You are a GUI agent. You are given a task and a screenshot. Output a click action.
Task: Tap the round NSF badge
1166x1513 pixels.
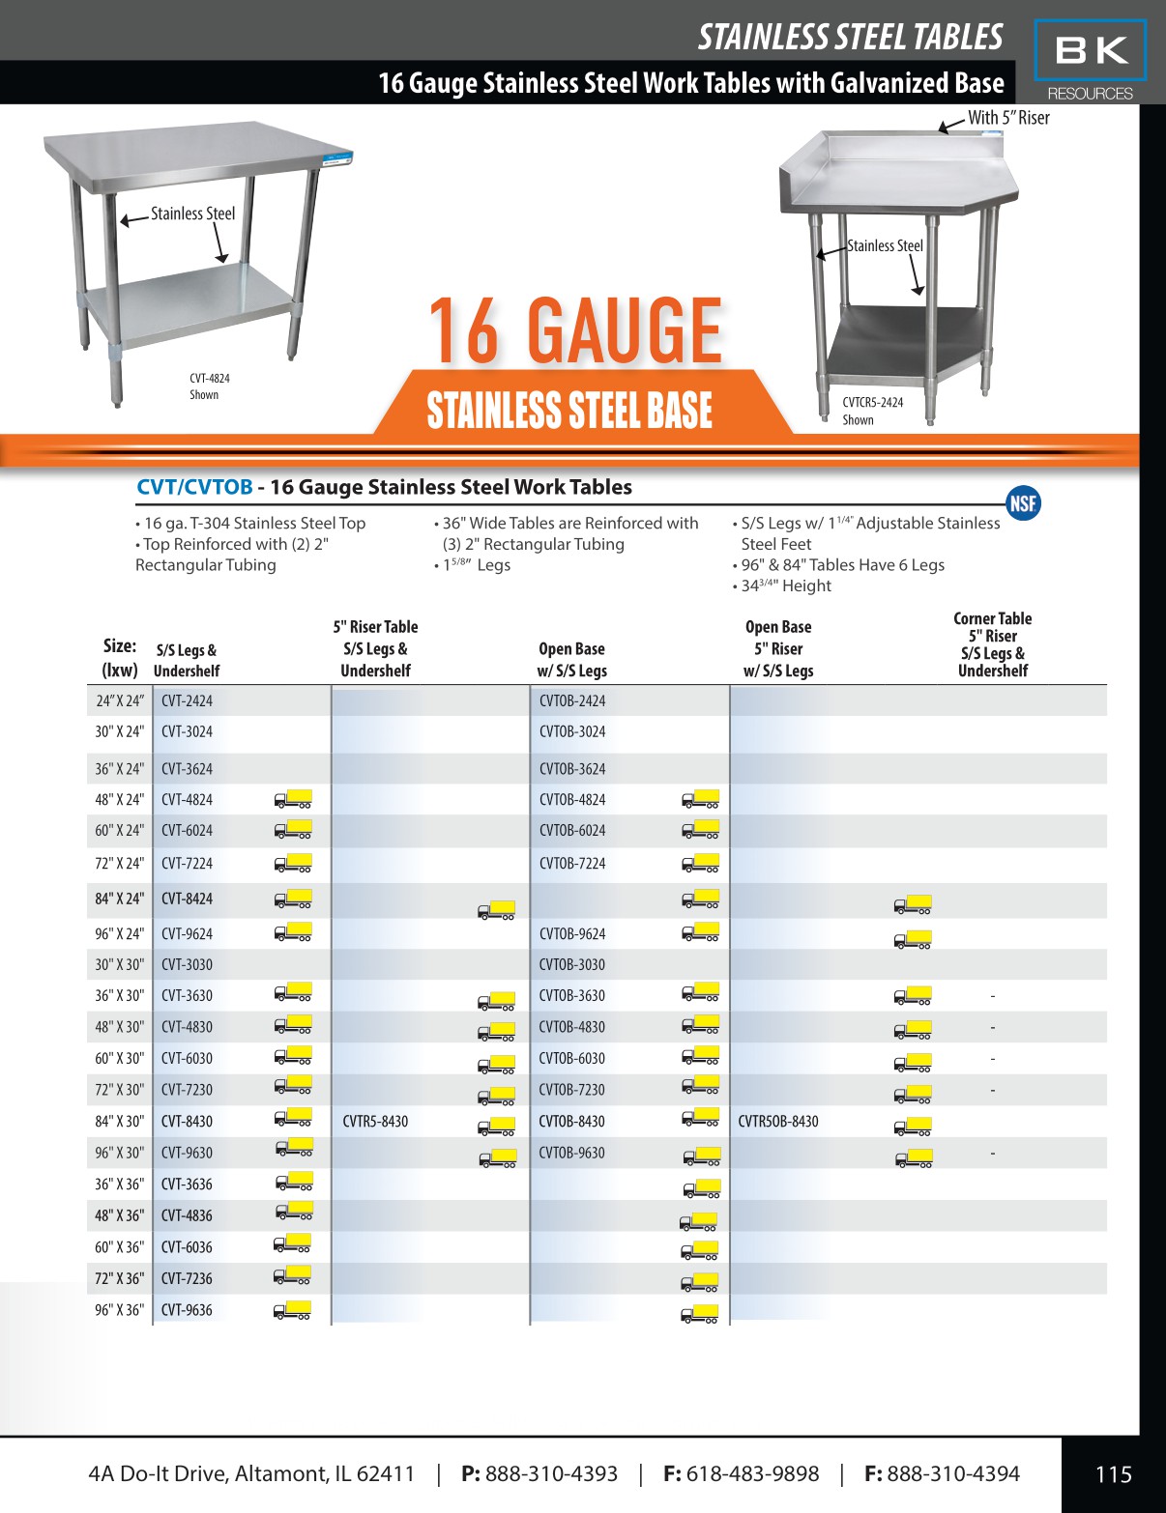pyautogui.click(x=1023, y=502)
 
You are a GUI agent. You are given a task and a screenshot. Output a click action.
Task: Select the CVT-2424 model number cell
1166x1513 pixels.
pyautogui.click(x=187, y=701)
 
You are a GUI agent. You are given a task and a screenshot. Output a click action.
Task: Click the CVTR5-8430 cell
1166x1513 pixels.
pyautogui.click(x=375, y=1122)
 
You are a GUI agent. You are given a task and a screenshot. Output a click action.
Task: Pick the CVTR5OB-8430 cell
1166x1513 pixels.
pyautogui.click(x=777, y=1122)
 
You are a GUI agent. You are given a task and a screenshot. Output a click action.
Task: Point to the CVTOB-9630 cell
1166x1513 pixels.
pyautogui.click(x=571, y=1153)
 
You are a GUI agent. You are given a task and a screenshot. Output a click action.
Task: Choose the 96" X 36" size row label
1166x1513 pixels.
pyautogui.click(x=119, y=1310)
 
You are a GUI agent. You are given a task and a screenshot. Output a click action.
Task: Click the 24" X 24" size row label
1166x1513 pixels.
pyautogui.click(x=119, y=701)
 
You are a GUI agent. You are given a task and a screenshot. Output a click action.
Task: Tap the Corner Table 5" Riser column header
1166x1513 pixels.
pyautogui.click(x=992, y=644)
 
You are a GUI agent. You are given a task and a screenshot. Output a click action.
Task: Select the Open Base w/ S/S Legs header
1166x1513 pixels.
pyautogui.click(x=571, y=660)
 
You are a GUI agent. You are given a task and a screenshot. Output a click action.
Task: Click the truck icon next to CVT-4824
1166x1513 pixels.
pyautogui.click(x=293, y=799)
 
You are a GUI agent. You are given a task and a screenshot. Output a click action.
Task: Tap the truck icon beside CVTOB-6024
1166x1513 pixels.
pyautogui.click(x=700, y=830)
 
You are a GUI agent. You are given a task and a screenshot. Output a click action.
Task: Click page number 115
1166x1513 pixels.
pyautogui.click(x=1113, y=1474)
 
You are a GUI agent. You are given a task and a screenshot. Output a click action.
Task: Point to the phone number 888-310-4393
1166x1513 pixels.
pyautogui.click(x=550, y=1474)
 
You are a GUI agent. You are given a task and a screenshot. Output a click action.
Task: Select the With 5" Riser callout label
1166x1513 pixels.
pyautogui.click(x=1008, y=118)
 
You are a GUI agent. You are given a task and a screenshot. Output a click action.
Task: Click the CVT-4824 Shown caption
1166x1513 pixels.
pyautogui.click(x=209, y=386)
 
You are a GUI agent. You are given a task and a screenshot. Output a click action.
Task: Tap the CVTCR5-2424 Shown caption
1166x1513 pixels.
pyautogui.click(x=872, y=411)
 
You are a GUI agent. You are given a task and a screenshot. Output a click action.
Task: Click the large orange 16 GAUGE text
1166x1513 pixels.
pyautogui.click(x=575, y=331)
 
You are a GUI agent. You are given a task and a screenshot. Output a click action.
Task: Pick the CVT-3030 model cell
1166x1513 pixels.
pyautogui.click(x=187, y=964)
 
